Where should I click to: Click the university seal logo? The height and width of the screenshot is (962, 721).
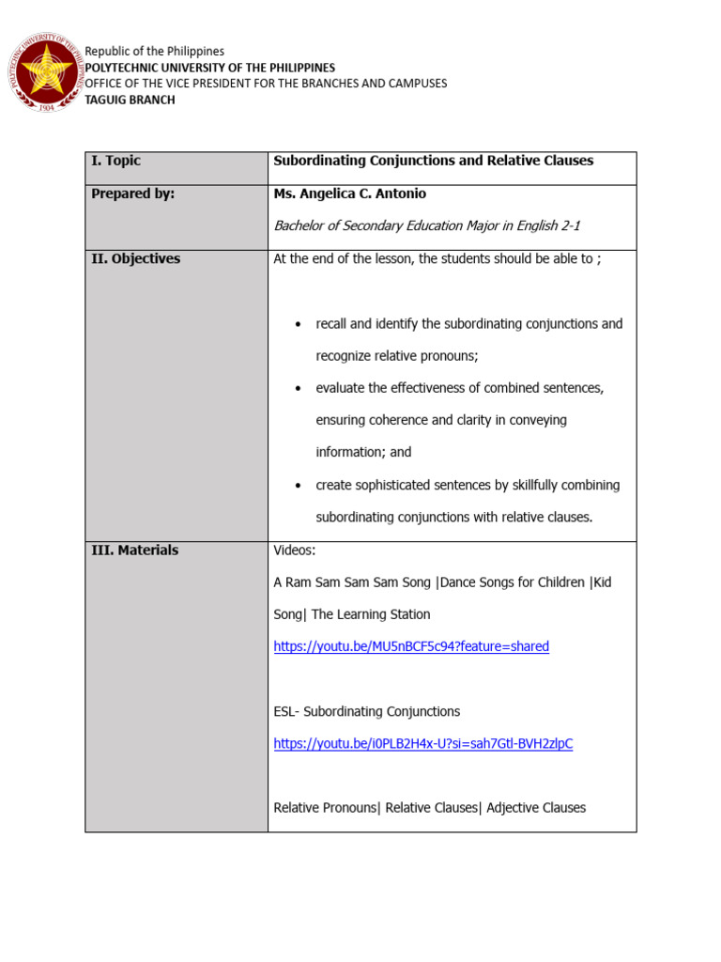click(x=44, y=73)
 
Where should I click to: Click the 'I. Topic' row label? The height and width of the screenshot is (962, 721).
click(x=115, y=161)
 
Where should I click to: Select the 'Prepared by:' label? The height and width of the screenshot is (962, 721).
click(x=132, y=194)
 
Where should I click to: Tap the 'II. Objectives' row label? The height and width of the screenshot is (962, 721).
click(x=135, y=258)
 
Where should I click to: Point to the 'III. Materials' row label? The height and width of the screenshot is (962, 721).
click(x=134, y=551)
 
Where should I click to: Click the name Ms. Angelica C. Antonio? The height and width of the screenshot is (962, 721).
click(x=348, y=194)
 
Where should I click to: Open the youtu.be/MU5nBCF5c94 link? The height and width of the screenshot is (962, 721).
click(x=411, y=646)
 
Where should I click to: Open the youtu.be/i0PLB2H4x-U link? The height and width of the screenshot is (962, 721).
click(x=422, y=743)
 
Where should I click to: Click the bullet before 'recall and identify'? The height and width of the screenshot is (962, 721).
click(x=298, y=324)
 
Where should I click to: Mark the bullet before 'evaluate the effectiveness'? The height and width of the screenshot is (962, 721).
click(x=298, y=388)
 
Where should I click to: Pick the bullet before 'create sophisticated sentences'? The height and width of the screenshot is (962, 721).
click(x=298, y=486)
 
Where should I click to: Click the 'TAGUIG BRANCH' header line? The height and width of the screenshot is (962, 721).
click(x=130, y=100)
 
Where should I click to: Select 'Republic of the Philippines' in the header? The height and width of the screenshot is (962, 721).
click(x=155, y=51)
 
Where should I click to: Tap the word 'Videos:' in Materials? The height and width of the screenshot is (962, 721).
click(x=295, y=551)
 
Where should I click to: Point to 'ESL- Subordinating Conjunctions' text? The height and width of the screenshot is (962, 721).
click(x=366, y=711)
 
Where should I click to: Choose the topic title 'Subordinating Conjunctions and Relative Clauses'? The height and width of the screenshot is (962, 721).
click(x=433, y=161)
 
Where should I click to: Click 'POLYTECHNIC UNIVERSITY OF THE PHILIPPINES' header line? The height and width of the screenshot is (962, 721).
click(x=209, y=68)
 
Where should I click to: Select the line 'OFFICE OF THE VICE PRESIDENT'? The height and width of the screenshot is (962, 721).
click(x=266, y=84)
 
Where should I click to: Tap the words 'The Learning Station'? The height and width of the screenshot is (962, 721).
click(x=371, y=614)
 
